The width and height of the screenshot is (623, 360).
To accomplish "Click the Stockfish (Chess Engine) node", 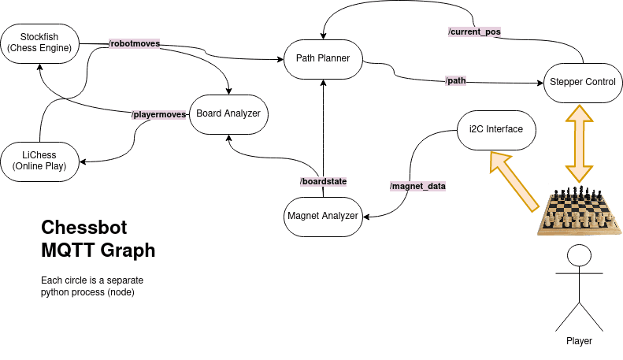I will (40, 43).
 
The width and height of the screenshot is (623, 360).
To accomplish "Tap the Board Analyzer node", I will (228, 113).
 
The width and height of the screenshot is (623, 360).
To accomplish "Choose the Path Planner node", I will (322, 58).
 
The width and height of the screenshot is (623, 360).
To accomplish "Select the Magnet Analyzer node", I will (322, 216).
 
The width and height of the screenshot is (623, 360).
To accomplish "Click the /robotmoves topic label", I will (134, 44).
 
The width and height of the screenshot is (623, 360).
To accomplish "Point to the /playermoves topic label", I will (159, 115).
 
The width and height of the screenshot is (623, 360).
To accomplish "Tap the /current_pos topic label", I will (474, 32).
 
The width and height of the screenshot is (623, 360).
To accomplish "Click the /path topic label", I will (456, 81).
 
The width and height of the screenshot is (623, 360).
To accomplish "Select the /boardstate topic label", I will (323, 181).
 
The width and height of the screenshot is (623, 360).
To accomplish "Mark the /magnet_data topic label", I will (417, 186).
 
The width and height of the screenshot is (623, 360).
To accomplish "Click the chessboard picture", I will (579, 211).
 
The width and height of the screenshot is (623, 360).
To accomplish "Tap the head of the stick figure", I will (579, 255).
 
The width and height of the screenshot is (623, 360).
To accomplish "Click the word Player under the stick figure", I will (579, 342).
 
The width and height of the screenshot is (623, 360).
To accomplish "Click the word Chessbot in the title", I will (83, 228).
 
